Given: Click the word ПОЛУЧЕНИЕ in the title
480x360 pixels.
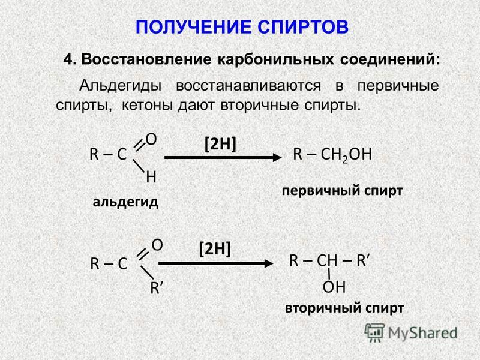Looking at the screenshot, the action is pos(193,27).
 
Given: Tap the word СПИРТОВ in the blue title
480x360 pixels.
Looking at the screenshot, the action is pos(303,27).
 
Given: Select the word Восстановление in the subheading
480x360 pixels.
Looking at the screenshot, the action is pos(146,59).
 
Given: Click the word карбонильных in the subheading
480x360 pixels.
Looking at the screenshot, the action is pos(275,59).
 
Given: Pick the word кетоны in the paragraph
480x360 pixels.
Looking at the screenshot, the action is pos(148,105).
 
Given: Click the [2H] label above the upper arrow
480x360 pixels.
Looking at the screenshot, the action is pos(220,143).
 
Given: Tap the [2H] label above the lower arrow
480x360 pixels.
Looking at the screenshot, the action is pos(215,249).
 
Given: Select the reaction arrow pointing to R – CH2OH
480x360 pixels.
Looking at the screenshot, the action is pos(223,158).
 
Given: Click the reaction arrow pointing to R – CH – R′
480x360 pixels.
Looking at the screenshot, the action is pos(216,263).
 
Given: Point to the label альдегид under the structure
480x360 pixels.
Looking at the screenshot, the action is pos(125,202).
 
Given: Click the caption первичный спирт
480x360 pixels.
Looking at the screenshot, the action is pos(342,191).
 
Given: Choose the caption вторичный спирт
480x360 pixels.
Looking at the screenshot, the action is pos(344,308).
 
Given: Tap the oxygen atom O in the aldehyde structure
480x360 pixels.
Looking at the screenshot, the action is pos(151,139).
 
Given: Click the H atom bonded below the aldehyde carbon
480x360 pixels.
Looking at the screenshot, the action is pos(151,177).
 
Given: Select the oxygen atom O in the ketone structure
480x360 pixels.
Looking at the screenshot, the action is pos(157,245).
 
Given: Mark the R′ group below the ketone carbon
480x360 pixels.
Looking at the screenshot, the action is pos(155,288).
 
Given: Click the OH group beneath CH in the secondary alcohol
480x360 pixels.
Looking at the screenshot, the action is pos(334,287).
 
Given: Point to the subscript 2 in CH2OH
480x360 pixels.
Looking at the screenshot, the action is pos(346,159).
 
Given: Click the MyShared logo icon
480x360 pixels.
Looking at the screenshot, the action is pos(374,332).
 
